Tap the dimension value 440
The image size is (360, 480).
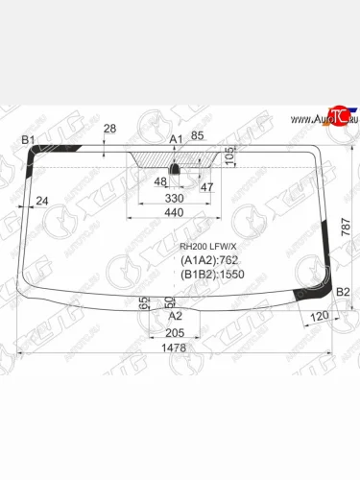[173, 212]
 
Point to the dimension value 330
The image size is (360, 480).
[173, 198]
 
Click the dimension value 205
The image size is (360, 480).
[174, 332]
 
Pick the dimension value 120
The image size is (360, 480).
[320, 316]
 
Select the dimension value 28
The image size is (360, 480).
[108, 129]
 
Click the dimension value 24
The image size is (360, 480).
[41, 201]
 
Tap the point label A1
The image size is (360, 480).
[175, 140]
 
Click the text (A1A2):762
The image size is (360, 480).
[209, 259]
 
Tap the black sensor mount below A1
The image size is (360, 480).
[175, 170]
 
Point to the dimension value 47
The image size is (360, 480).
[206, 186]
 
